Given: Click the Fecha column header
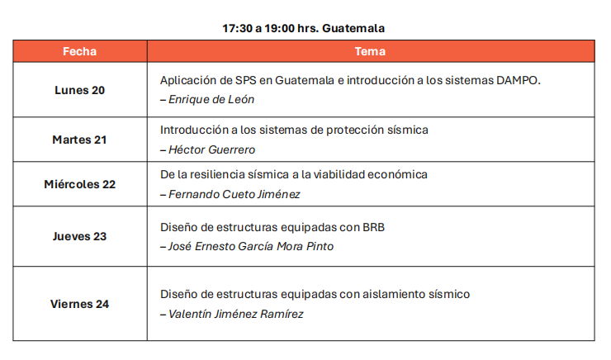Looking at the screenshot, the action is (x=79, y=51).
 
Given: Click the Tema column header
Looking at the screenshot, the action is (x=370, y=51).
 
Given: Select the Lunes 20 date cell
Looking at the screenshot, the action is (x=79, y=90).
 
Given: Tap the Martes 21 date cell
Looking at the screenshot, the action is (x=79, y=140).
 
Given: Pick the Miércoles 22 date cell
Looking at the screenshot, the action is (x=79, y=184).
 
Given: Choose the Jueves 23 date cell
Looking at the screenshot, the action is (x=79, y=236).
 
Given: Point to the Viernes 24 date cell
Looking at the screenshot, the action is (x=79, y=304).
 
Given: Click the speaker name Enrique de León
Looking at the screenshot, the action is (x=211, y=99).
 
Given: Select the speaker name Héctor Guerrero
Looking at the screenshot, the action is (x=211, y=149).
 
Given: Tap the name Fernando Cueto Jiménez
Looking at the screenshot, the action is (x=234, y=194).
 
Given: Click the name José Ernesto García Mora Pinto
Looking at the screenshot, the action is (x=251, y=246).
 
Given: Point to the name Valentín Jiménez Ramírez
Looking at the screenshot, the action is (x=236, y=314).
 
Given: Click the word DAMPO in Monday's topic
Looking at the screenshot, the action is (x=519, y=80).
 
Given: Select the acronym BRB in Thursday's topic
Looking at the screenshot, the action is (x=374, y=227).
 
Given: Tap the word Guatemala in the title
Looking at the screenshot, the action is (x=353, y=28).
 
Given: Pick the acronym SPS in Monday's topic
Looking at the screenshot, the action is (x=246, y=80).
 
